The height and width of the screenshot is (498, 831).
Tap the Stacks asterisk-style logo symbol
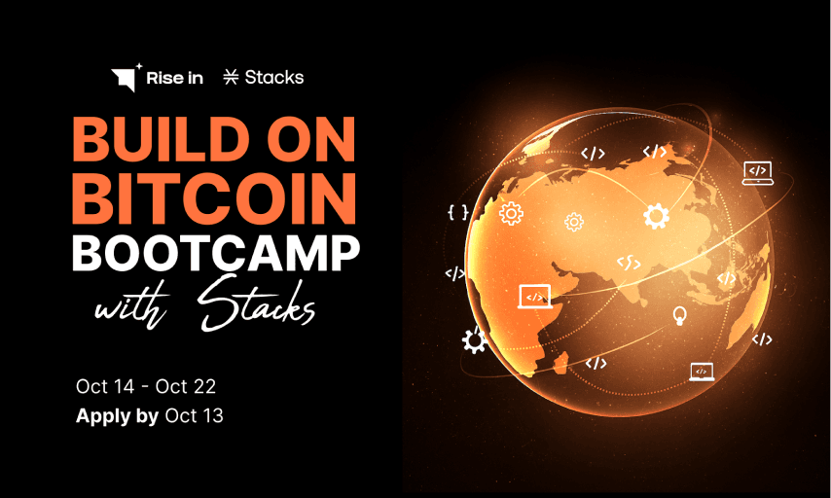click(231, 78)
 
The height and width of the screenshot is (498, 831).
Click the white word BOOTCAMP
click(216, 253)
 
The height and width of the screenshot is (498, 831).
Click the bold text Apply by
click(117, 416)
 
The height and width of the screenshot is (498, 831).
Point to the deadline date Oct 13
click(195, 416)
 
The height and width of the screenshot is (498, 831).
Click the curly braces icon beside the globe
click(457, 211)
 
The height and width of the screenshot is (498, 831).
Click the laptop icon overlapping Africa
click(533, 294)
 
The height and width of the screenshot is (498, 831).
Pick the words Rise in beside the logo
click(174, 78)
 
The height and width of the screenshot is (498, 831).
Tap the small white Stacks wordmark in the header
click(273, 78)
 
